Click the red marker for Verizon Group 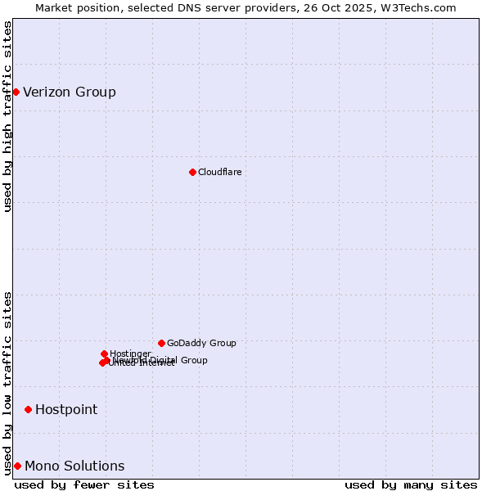16,92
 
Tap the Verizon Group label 70,92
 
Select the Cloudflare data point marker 192,172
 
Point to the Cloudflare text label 219,172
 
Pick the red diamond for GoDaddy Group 161,343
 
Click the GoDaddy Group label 201,343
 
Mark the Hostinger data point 104,354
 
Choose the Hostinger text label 130,354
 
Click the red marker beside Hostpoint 28,409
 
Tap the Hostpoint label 66,409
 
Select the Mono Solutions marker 17,466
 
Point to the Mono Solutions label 74,466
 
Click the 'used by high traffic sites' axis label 7,116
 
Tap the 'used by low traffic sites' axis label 7,382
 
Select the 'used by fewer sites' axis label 84,484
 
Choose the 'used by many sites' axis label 411,484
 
